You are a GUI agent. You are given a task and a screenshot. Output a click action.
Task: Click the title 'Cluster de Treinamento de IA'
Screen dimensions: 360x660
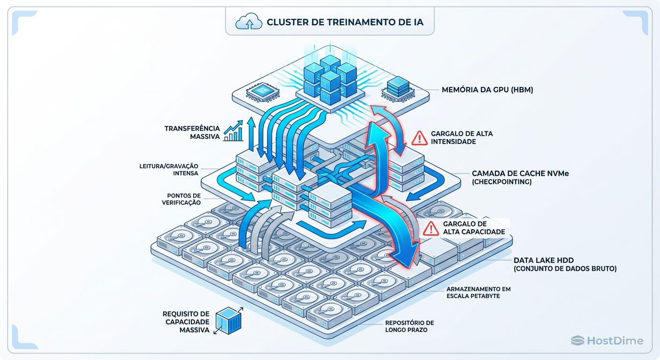click(345, 22)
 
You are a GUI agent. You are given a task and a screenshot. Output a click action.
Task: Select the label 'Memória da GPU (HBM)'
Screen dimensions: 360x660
click(487, 89)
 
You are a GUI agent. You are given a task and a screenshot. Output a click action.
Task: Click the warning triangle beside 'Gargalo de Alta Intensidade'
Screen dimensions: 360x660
click(419, 138)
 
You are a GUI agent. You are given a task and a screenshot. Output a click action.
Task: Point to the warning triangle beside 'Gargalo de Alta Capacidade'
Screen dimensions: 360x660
click(430, 228)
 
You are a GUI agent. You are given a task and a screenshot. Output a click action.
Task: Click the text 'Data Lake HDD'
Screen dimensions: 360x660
click(543, 260)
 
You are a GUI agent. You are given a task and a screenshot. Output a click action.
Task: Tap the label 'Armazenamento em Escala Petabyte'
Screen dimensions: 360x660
click(479, 292)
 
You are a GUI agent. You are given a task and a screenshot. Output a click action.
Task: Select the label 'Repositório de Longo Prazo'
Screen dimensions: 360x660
click(409, 326)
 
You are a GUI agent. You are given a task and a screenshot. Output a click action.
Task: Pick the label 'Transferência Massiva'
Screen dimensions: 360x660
click(192, 132)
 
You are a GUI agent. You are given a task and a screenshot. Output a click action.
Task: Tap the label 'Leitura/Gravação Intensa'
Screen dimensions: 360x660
click(169, 170)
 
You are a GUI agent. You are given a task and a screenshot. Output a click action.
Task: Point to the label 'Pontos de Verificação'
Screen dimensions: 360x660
click(184, 199)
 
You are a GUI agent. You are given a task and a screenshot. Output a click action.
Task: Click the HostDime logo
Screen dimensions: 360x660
click(607, 341)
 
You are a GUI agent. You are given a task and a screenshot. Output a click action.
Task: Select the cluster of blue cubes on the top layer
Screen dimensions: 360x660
click(330, 78)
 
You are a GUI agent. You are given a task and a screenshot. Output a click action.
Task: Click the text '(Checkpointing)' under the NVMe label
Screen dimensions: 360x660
click(502, 182)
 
